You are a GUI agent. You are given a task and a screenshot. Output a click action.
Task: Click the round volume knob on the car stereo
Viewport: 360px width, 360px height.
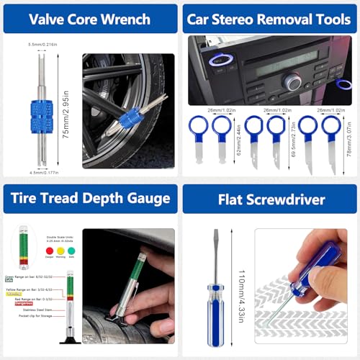292,82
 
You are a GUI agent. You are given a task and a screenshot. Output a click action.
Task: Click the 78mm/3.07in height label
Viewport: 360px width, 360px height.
351,145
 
